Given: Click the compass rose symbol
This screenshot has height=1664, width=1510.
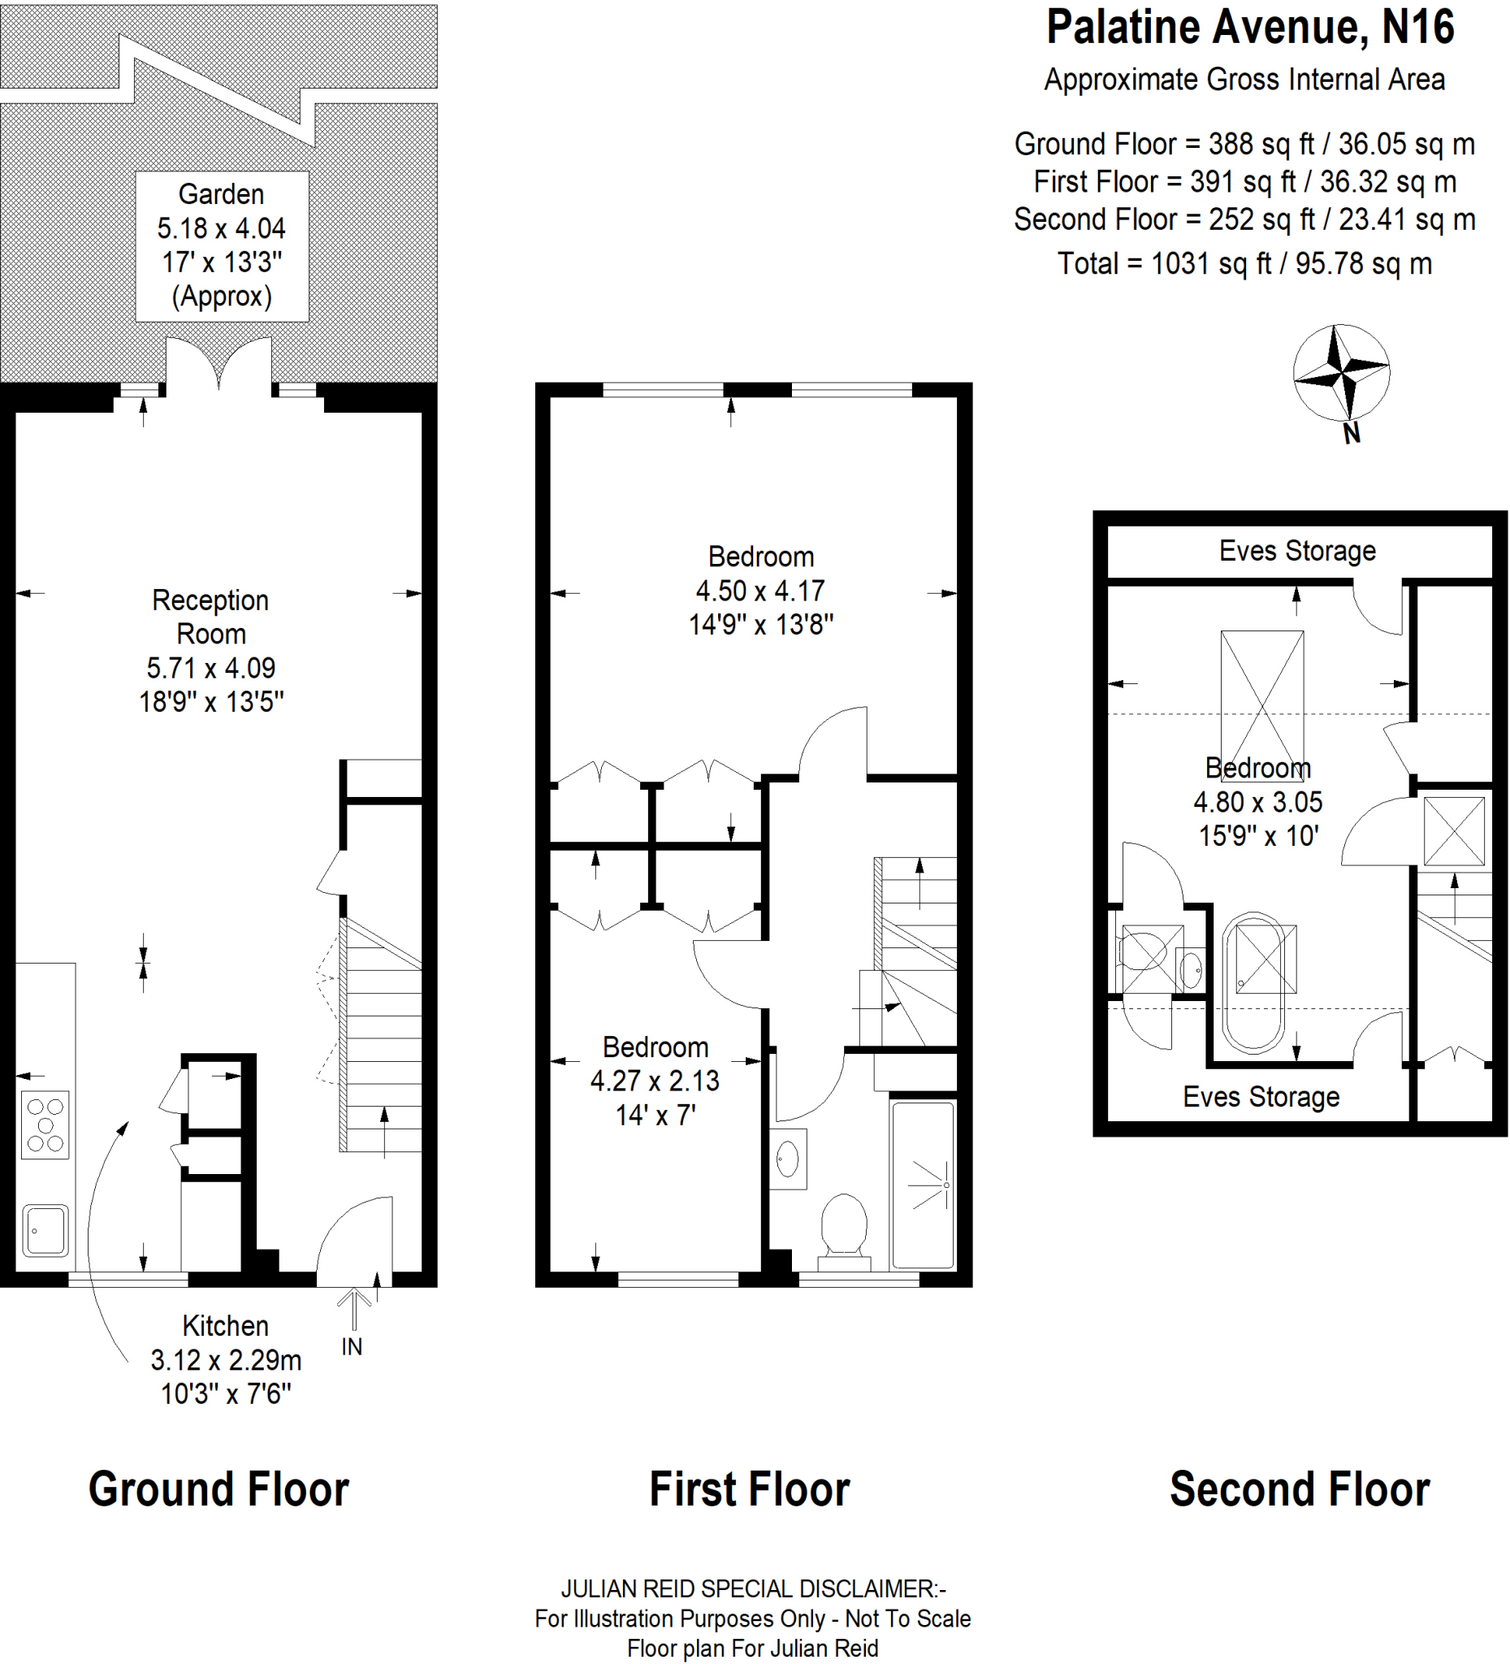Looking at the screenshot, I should [1342, 374].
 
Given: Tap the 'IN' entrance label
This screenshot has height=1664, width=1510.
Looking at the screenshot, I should [352, 1346].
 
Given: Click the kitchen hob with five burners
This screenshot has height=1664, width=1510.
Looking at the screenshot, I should [45, 1125].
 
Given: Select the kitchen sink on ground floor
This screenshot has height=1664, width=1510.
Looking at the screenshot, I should [45, 1230].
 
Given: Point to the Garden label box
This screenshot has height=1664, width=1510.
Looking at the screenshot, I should [222, 246].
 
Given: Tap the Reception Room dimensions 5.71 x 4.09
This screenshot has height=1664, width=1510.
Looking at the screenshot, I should [211, 668].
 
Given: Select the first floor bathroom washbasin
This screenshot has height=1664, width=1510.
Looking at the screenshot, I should [788, 1159].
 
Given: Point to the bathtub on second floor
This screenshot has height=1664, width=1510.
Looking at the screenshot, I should [1254, 982].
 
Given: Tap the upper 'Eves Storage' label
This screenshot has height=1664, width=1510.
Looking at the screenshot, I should [1297, 551].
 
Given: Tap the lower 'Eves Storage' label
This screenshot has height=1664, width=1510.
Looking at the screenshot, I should [1261, 1097].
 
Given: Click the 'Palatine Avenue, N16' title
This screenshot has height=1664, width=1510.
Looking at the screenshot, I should [1249, 28].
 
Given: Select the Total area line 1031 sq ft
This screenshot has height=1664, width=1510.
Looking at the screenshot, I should [1244, 264].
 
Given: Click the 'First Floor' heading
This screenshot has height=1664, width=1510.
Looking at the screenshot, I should [749, 1488].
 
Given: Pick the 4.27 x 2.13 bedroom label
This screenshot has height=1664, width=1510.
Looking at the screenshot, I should [655, 1081].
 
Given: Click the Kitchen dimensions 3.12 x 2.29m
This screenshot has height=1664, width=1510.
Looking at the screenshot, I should [226, 1359].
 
